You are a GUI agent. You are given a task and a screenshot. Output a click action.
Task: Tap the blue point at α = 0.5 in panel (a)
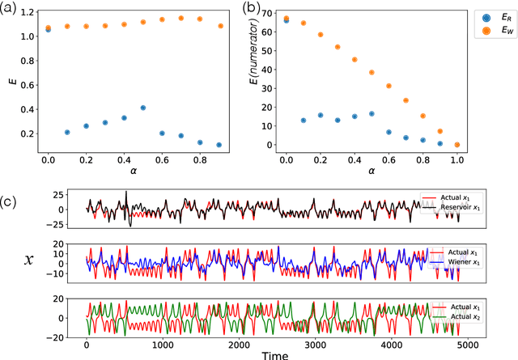[x=142, y=108]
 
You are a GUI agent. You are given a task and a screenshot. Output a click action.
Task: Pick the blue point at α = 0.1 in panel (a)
[x=67, y=132]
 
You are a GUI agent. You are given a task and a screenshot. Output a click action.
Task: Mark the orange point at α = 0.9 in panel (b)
[x=440, y=131]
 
